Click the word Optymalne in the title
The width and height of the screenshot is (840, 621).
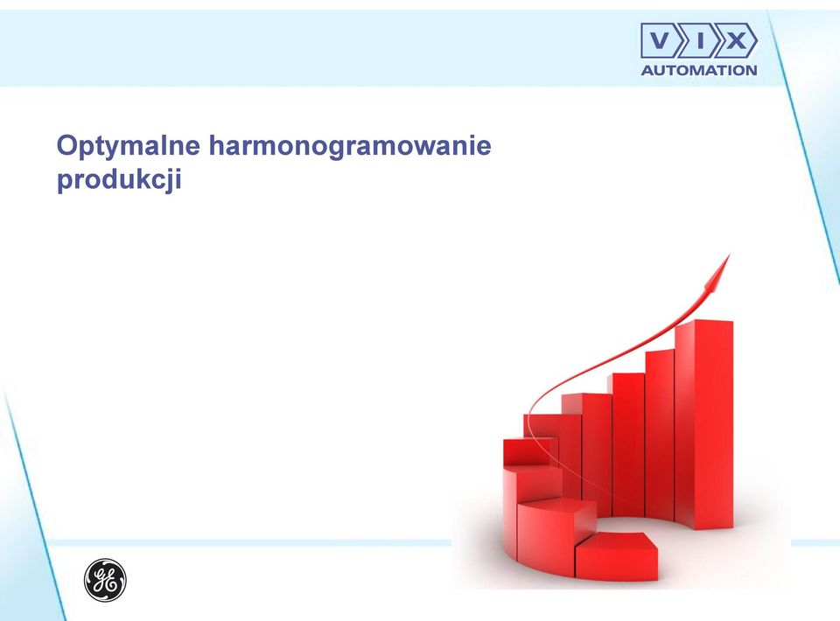129,146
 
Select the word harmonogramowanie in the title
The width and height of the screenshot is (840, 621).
350,146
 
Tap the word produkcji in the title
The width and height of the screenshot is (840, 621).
119,179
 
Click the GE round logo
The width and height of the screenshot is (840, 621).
105,580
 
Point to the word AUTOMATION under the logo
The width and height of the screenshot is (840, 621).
699,70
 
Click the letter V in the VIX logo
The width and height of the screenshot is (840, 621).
660,40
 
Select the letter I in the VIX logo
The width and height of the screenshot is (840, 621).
700,40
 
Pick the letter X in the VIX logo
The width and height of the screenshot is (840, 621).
736,40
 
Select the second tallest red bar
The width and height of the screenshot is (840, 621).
660,434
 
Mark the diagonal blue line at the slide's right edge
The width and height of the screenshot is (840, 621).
803,139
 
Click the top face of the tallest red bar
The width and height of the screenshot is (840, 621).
703,322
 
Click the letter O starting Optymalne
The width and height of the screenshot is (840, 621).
67,145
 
